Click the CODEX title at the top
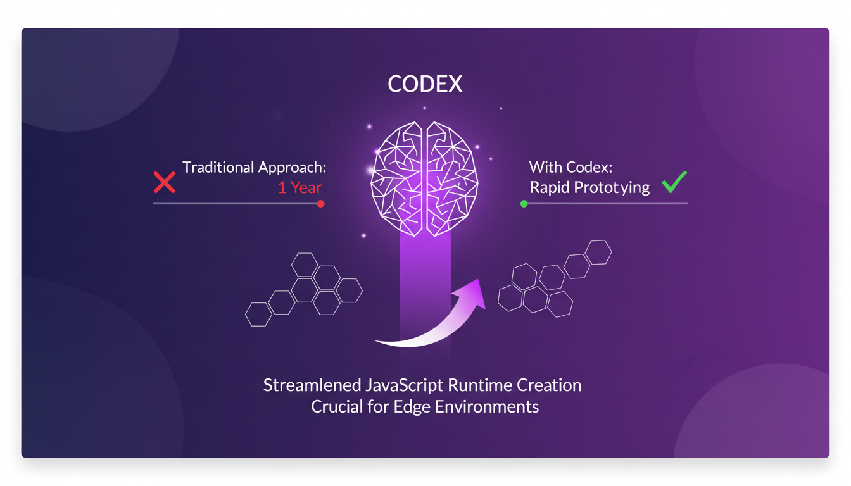pyautogui.click(x=425, y=84)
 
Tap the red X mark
pyautogui.click(x=165, y=182)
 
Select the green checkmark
pyautogui.click(x=674, y=182)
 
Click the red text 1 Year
pyautogui.click(x=300, y=188)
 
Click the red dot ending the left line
pyautogui.click(x=321, y=204)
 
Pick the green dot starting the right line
pyautogui.click(x=524, y=204)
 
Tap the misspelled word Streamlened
pyautogui.click(x=312, y=385)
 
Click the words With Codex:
pyautogui.click(x=570, y=168)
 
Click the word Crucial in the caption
pyautogui.click(x=337, y=406)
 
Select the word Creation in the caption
pyautogui.click(x=549, y=385)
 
